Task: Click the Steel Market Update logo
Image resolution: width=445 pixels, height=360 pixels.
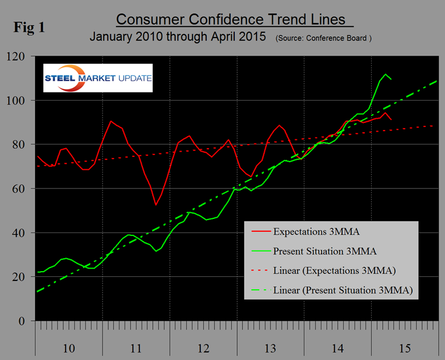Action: (98, 78)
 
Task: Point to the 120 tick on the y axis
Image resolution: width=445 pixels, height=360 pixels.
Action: (22, 56)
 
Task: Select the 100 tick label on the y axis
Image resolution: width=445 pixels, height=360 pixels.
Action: (22, 101)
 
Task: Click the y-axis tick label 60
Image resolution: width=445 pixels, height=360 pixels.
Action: (25, 189)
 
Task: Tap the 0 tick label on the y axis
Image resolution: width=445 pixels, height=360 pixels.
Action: (28, 321)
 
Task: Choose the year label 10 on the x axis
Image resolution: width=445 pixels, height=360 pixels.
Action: (69, 348)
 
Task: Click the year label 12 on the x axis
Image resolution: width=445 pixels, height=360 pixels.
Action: (203, 348)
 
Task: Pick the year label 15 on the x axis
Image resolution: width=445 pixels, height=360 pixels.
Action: (405, 348)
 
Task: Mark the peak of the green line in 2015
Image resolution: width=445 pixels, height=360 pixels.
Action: (386, 74)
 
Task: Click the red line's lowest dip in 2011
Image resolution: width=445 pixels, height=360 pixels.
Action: (156, 205)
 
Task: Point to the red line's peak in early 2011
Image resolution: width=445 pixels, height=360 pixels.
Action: (111, 121)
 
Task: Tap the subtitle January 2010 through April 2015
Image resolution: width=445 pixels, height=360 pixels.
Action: (177, 37)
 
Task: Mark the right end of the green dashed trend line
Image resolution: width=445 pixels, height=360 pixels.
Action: (437, 81)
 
